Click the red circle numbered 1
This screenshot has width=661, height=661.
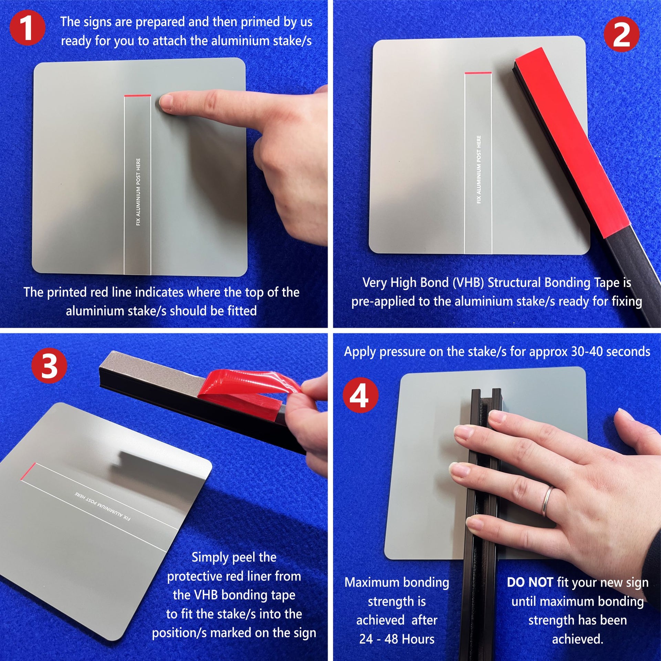click(27, 28)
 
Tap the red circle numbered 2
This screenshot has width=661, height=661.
click(621, 34)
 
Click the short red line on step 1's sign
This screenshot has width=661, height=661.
click(138, 95)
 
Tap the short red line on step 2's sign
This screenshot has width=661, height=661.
click(478, 73)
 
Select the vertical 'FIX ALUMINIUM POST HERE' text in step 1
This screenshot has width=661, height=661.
click(138, 192)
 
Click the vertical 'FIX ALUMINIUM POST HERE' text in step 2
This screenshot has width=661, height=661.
click(479, 169)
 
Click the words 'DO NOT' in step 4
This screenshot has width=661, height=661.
click(530, 582)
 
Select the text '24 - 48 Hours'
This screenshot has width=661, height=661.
click(397, 639)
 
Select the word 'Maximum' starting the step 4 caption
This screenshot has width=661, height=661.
click(366, 582)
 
